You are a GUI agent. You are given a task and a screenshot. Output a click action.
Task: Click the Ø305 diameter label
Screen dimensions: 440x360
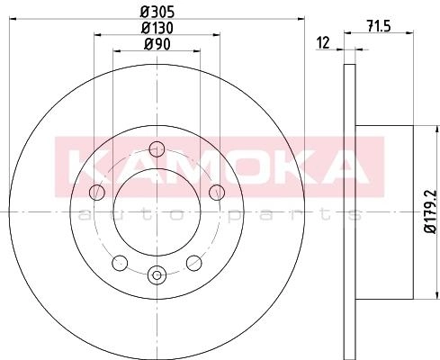tap(157, 13)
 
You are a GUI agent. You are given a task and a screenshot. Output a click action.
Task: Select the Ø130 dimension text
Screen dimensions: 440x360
tap(157, 28)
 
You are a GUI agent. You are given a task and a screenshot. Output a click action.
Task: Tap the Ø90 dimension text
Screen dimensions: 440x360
tap(157, 44)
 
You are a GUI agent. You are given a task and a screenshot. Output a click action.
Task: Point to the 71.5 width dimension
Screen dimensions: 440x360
tap(379, 26)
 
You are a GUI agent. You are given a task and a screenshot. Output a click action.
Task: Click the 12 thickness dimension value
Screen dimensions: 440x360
tap(323, 43)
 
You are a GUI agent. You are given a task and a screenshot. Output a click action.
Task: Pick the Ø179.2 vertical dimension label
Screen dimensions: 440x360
tap(431, 211)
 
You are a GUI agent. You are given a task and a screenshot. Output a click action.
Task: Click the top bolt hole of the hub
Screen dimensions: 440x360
tap(157, 148)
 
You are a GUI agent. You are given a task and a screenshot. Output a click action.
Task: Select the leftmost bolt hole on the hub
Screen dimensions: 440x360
tap(97, 192)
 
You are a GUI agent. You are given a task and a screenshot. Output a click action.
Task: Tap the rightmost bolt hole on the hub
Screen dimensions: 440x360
tap(217, 193)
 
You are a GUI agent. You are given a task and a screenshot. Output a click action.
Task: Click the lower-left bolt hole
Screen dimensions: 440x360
tap(120, 263)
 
